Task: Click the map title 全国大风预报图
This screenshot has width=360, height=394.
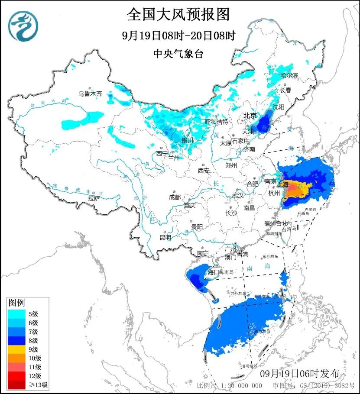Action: tap(178, 15)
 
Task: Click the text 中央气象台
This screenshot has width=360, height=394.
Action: tap(178, 54)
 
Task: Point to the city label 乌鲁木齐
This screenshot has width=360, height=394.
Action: tap(90, 93)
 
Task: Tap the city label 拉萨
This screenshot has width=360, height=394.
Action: tap(94, 198)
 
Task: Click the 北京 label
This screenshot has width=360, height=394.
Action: tap(250, 116)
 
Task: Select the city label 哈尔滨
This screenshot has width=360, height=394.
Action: tap(289, 75)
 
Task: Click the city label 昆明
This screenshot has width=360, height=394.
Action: tap(165, 237)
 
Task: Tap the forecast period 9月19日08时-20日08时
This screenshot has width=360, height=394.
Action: tap(178, 36)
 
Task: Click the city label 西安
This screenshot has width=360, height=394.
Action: tap(204, 171)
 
